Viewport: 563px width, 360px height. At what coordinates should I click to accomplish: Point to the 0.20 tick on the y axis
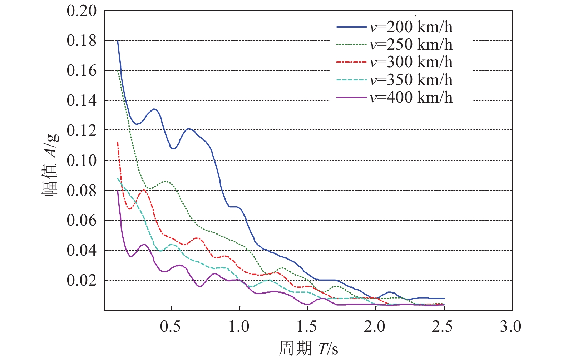pyautogui.click(x=82, y=11)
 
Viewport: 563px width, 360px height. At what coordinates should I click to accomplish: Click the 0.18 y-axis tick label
pyautogui.click(x=82, y=41)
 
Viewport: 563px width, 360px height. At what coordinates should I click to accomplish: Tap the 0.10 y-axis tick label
pyautogui.click(x=82, y=161)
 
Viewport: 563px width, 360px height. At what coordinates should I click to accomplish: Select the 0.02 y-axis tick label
pyautogui.click(x=82, y=280)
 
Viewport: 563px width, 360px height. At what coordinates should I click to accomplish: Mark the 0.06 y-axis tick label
pyautogui.click(x=82, y=220)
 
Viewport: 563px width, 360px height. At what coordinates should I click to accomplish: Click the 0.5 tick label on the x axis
pyautogui.click(x=171, y=326)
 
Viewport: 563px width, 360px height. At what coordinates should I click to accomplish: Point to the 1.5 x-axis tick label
pyautogui.click(x=307, y=326)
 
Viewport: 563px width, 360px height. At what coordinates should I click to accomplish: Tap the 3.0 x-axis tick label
pyautogui.click(x=511, y=326)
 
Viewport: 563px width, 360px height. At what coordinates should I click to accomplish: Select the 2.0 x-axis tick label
pyautogui.click(x=375, y=326)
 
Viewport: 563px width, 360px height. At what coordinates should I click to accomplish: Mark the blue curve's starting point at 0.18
pyautogui.click(x=118, y=41)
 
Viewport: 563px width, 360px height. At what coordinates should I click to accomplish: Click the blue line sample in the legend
pyautogui.click(x=351, y=27)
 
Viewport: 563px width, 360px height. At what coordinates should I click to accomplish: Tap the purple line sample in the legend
pyautogui.click(x=351, y=97)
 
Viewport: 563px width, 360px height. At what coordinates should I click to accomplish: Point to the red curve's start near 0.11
pyautogui.click(x=118, y=142)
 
